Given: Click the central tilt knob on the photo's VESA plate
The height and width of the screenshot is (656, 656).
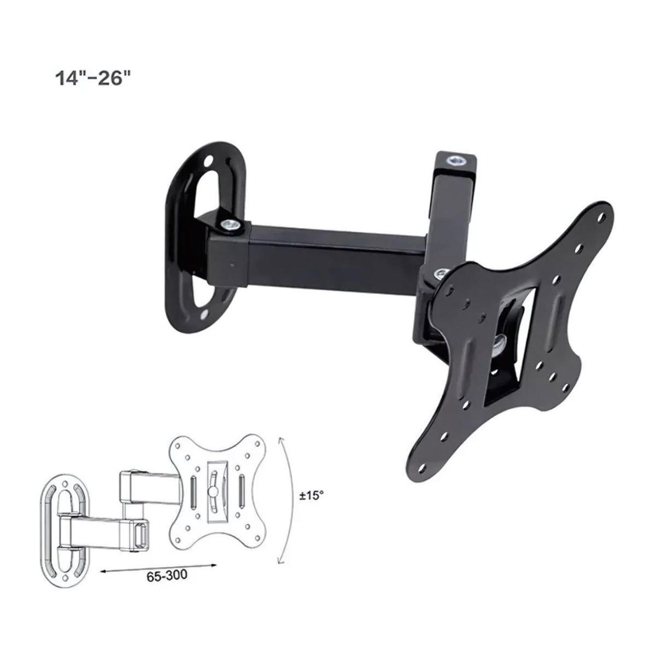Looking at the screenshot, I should [500, 345].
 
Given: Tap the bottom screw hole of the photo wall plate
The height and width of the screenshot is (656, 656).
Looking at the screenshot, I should [204, 316].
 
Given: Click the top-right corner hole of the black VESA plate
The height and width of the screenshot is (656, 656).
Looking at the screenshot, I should [601, 215].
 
